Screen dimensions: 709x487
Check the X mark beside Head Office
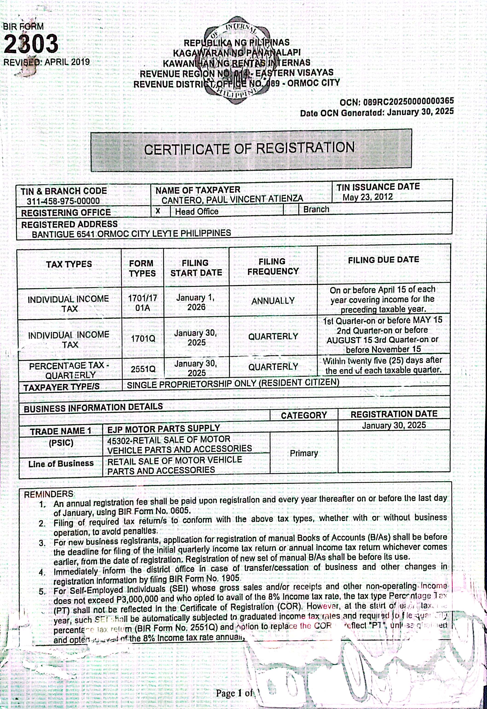[x=158, y=211]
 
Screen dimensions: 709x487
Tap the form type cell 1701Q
[x=143, y=338]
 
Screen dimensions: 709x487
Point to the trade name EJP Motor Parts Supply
[x=164, y=428]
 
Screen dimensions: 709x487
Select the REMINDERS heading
[x=49, y=494]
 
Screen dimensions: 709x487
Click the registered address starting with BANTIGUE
[x=131, y=234]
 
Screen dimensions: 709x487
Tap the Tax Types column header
[x=69, y=264]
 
